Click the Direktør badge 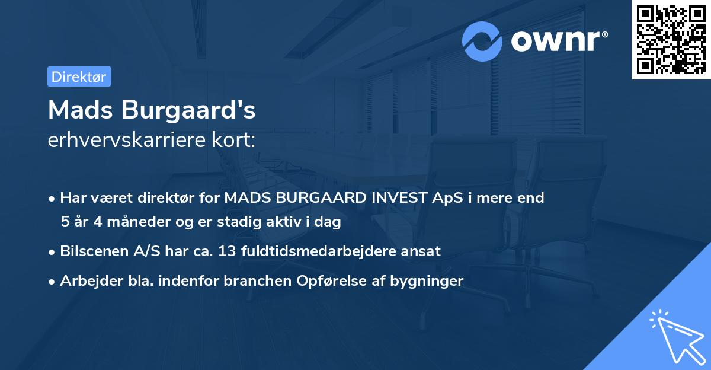(x=79, y=76)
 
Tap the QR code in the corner (x=671, y=39)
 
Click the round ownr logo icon (x=482, y=41)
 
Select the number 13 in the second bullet (x=226, y=251)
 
